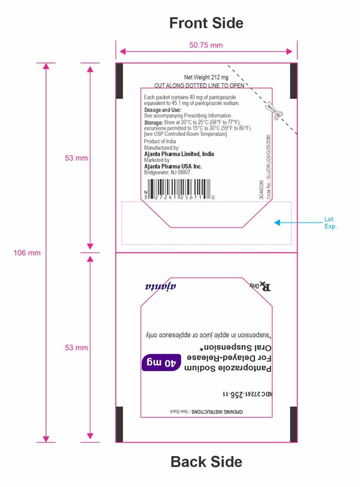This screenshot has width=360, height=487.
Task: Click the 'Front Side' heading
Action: (206, 23)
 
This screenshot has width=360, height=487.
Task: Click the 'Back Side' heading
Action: (207, 462)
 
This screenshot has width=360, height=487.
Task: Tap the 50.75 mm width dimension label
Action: (206, 45)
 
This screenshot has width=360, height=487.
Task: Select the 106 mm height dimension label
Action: (27, 253)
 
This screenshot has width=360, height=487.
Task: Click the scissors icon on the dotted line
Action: (272, 111)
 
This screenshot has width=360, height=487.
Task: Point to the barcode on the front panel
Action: (178, 189)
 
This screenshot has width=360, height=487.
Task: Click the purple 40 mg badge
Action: (161, 363)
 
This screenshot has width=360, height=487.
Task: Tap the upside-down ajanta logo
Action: (161, 286)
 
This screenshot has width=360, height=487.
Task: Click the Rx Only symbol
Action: (260, 286)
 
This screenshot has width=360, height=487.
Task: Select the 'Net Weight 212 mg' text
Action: (206, 78)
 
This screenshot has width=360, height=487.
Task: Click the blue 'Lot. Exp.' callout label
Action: (330, 223)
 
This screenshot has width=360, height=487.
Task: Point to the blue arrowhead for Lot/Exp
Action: (277, 223)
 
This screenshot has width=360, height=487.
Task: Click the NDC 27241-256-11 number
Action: (247, 394)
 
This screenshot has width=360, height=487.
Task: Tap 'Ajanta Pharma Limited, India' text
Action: (179, 154)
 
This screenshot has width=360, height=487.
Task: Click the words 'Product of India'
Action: (160, 141)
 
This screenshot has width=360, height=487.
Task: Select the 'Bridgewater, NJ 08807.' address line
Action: (168, 172)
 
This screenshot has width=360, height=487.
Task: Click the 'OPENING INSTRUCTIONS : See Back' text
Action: (207, 412)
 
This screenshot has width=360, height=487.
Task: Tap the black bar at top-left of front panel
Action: (119, 81)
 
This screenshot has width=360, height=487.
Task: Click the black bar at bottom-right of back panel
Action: (293, 425)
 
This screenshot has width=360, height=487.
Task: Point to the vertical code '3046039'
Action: (261, 190)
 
